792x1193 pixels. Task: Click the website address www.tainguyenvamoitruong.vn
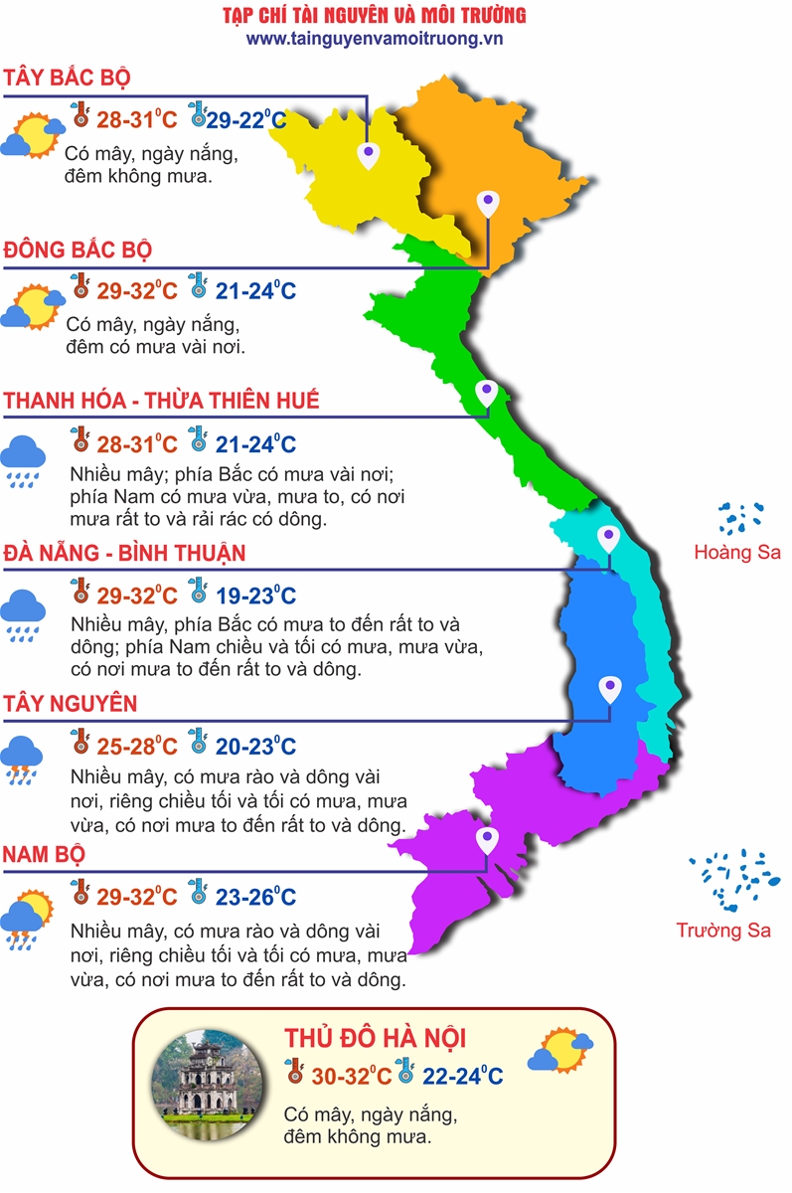(375, 39)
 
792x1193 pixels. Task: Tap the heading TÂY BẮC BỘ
(68, 79)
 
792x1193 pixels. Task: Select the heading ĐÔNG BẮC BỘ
(79, 249)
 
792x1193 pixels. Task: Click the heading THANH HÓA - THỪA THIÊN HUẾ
(162, 401)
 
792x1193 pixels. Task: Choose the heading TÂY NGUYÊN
(71, 704)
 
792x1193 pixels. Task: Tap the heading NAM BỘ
(44, 854)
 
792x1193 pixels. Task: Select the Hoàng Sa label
(737, 553)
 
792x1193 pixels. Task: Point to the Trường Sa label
(723, 931)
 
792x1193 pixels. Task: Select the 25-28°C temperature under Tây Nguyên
(137, 747)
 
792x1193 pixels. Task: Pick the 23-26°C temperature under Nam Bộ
(255, 897)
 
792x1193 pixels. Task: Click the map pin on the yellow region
(369, 153)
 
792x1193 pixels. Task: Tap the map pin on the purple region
(487, 840)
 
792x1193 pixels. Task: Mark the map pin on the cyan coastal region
(608, 538)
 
